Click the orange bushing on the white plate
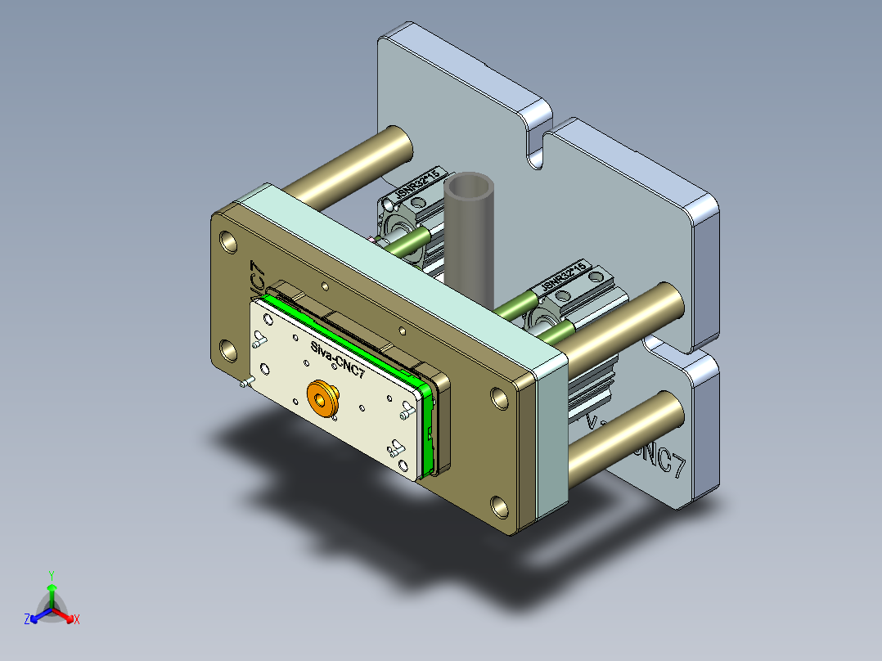(324, 399)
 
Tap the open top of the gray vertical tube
(470, 187)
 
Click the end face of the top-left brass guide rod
(398, 147)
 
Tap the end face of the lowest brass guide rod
(668, 411)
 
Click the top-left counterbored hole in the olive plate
(228, 243)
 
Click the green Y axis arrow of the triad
(52, 588)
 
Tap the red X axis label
(77, 620)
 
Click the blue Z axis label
(27, 620)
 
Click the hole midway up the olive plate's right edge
(499, 397)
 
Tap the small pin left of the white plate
(245, 382)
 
